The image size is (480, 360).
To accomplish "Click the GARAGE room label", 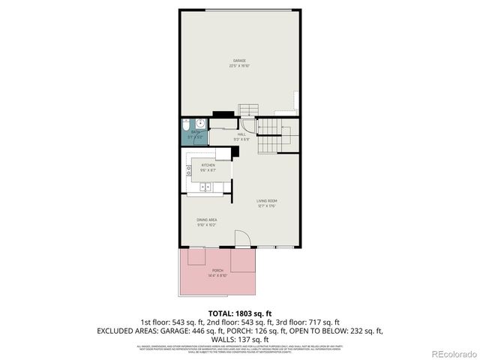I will tap(239, 61).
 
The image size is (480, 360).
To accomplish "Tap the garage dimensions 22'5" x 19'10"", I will tap(239, 66).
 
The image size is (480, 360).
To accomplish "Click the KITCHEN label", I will tap(208, 166).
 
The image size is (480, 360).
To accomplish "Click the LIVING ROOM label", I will tap(267, 201).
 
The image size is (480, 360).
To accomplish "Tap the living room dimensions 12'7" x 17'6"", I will tap(267, 206).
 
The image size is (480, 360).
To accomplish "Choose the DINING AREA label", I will tap(207, 220).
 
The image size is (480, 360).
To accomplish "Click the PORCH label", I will tap(217, 270).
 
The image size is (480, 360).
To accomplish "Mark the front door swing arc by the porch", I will tap(242, 238).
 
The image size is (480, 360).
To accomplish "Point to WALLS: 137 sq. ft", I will tap(239, 338).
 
